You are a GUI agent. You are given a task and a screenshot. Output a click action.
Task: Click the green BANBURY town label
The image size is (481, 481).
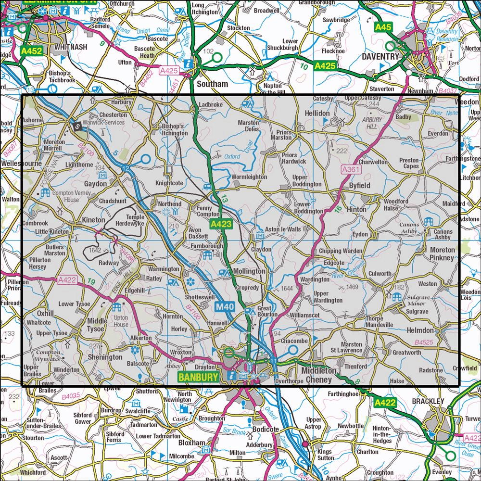pyautogui.click(x=198, y=377)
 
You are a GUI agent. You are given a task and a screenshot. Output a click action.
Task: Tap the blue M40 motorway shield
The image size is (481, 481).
pyautogui.click(x=225, y=306)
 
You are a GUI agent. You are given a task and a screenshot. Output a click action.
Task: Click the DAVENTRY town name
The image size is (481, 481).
pyautogui.click(x=380, y=56)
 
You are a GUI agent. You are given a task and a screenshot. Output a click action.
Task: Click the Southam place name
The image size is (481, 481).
pyautogui.click(x=213, y=84)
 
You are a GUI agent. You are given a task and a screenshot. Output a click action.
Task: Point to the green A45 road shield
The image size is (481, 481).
pyautogui.click(x=383, y=27)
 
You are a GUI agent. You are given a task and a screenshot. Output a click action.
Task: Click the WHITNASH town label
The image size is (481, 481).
pyautogui.click(x=71, y=48)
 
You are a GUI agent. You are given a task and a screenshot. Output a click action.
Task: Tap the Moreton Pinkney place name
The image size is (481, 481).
pyautogui.click(x=442, y=254)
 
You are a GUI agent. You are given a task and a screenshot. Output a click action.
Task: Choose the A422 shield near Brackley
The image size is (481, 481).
pyautogui.click(x=386, y=402)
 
